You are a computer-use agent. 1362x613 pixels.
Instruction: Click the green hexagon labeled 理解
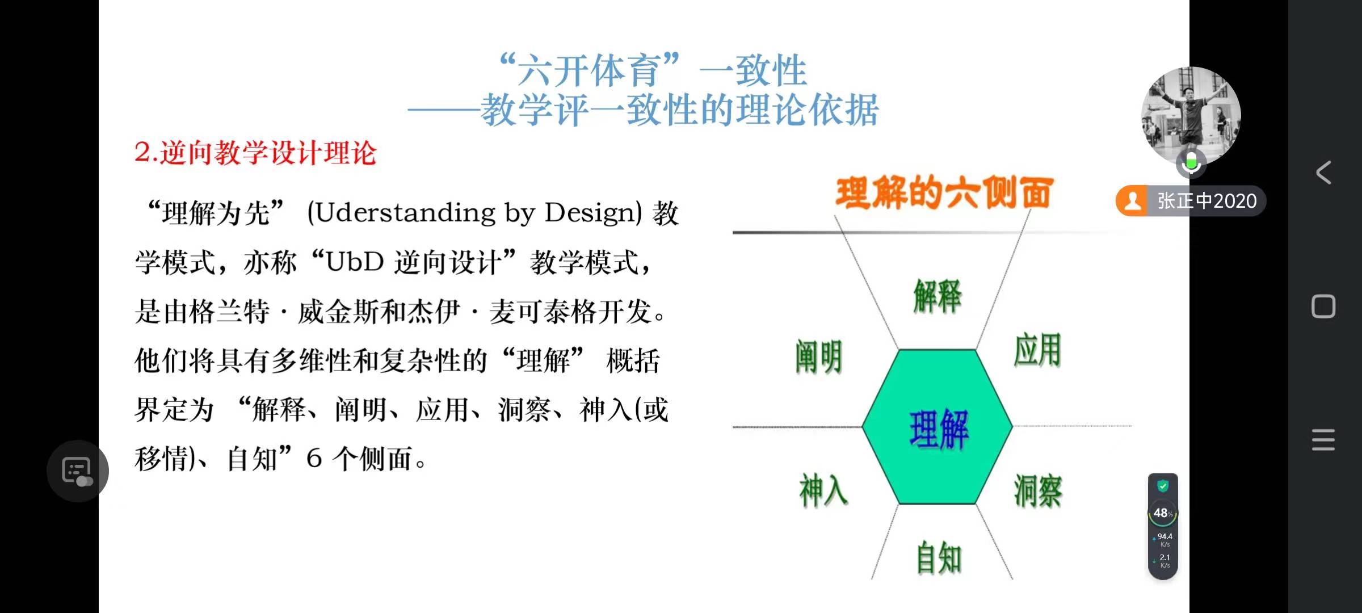tap(938, 427)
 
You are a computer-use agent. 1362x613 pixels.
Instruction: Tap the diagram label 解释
tap(938, 296)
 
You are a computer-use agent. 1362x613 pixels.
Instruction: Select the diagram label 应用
tap(1037, 350)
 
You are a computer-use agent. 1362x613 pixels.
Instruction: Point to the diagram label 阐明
tap(818, 357)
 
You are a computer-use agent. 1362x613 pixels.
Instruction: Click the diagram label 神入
tap(823, 490)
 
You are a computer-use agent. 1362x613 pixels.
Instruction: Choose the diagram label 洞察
tap(1038, 491)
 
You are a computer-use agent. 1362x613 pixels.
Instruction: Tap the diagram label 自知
tap(939, 557)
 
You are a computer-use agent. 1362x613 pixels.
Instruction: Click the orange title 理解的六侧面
tap(944, 192)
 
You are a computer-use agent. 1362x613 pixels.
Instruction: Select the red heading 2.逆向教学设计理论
tap(255, 153)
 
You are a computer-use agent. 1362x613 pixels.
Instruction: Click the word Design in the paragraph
tap(593, 213)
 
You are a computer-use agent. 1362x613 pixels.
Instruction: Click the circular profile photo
tap(1191, 116)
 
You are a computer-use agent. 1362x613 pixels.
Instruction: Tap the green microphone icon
tap(1191, 163)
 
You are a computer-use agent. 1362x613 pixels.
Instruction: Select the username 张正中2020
tap(1207, 201)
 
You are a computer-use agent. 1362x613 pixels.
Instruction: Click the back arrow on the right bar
tap(1323, 173)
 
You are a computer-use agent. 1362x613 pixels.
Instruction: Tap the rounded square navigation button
tap(1323, 306)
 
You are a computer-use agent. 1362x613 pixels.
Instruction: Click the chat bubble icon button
tap(78, 471)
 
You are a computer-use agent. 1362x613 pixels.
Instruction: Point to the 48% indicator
tap(1163, 513)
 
